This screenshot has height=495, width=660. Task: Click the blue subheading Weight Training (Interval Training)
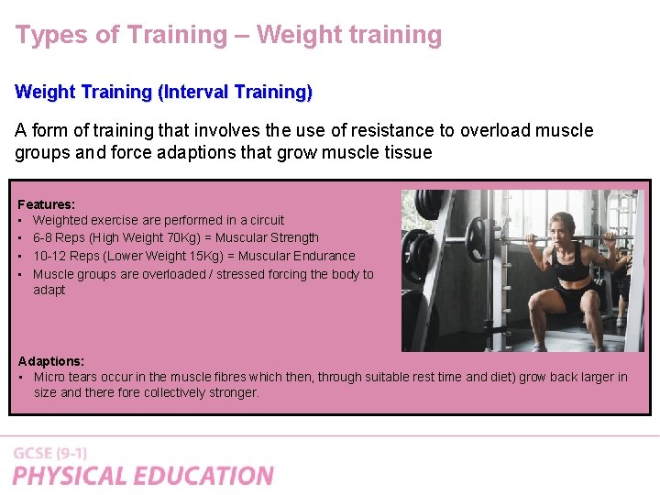[163, 93]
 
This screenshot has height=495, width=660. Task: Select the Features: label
[47, 204]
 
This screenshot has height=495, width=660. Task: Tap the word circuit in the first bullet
[266, 220]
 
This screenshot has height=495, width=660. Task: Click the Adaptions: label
[51, 361]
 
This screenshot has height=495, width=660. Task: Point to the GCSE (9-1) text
[50, 453]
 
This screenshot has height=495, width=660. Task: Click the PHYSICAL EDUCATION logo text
[143, 476]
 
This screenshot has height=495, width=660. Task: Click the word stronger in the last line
[229, 392]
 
